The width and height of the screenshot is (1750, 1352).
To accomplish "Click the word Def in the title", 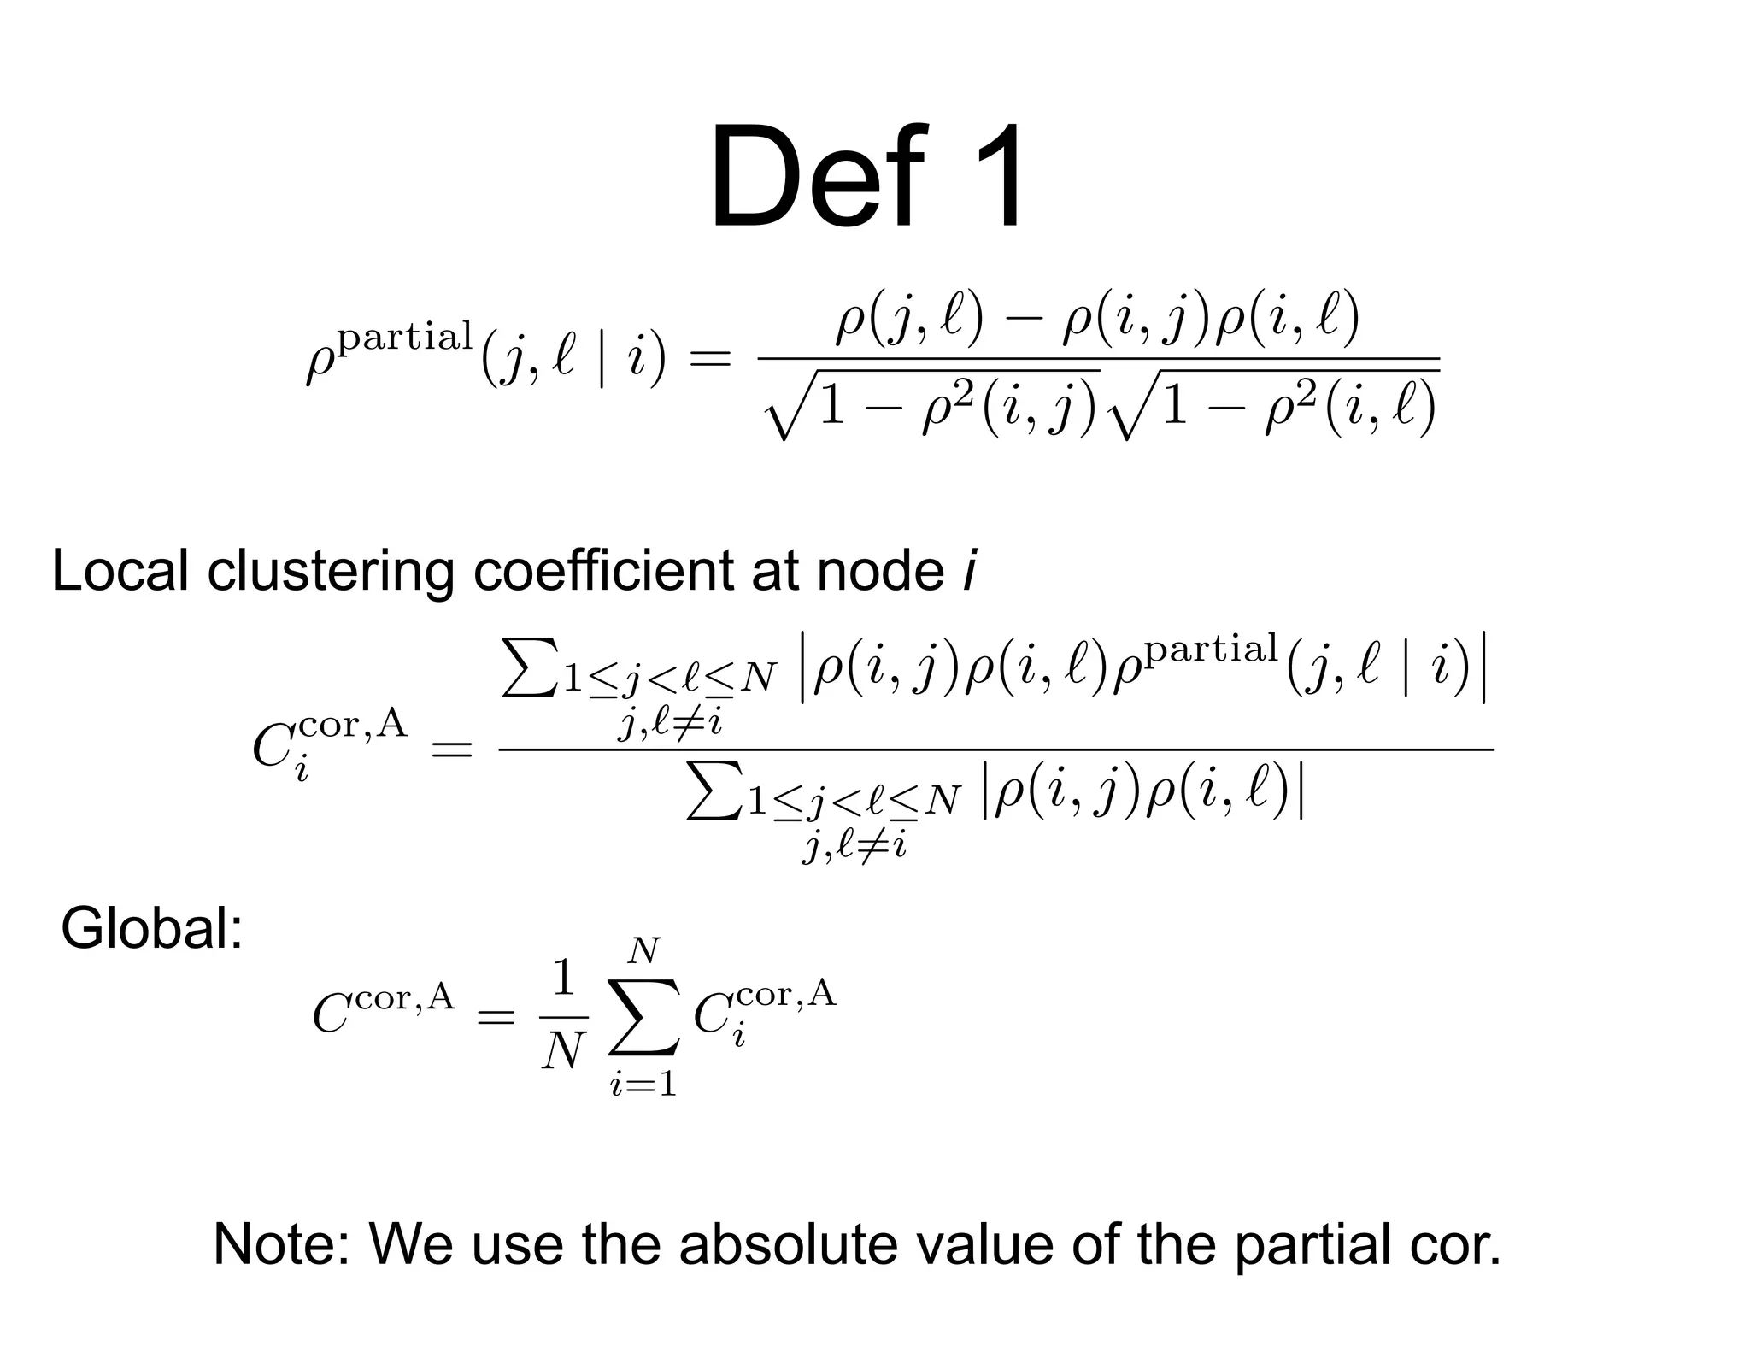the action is pyautogui.click(x=816, y=178).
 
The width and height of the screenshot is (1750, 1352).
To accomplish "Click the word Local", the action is pyautogui.click(x=120, y=570).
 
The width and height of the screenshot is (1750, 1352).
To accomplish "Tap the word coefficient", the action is pyautogui.click(x=602, y=570).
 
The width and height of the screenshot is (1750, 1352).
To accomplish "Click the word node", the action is pyautogui.click(x=880, y=570).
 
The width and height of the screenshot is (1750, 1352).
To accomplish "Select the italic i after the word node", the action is pyautogui.click(x=968, y=570).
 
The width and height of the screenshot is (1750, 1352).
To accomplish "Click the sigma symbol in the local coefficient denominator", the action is pyautogui.click(x=714, y=791).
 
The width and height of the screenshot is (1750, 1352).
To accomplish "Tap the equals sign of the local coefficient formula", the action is pyautogui.click(x=451, y=750).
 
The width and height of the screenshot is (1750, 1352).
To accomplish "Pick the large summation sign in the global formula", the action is pyautogui.click(x=644, y=1017).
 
